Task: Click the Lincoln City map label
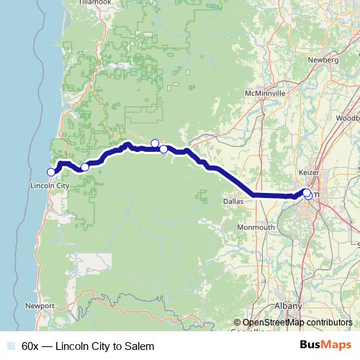coord(50,186)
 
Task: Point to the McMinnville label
coord(266,94)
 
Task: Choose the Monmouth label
coord(256,228)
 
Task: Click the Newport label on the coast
coord(40,305)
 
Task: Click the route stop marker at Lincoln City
coord(51,171)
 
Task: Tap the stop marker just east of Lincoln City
coord(84,167)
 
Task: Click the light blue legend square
coord(11,346)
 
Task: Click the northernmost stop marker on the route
coord(155,143)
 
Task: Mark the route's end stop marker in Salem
coord(307,194)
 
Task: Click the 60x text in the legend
coord(30,346)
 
